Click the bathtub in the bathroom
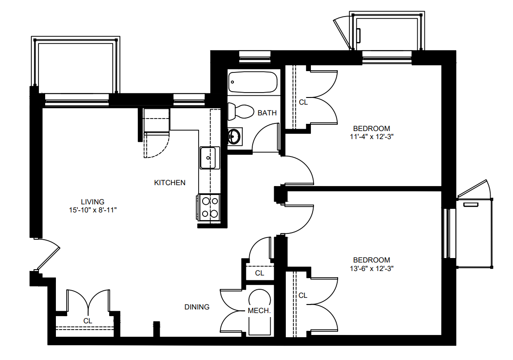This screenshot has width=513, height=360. pyautogui.click(x=253, y=82)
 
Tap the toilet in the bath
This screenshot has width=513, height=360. pyautogui.click(x=241, y=111)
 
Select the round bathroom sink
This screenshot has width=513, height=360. pyautogui.click(x=234, y=136)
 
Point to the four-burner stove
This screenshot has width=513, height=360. pyautogui.click(x=208, y=208)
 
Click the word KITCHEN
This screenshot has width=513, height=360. pyautogui.click(x=170, y=182)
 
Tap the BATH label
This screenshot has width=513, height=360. pyautogui.click(x=267, y=113)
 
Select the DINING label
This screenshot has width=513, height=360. pyautogui.click(x=197, y=307)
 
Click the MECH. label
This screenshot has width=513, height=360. pyautogui.click(x=259, y=310)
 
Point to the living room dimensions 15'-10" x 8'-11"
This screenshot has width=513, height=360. pyautogui.click(x=93, y=210)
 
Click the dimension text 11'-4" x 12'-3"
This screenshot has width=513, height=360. pyautogui.click(x=372, y=137)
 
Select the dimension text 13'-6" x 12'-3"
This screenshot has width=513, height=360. pyautogui.click(x=372, y=269)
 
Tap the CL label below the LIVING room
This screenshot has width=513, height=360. pyautogui.click(x=88, y=321)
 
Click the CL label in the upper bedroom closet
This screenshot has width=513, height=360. pyautogui.click(x=303, y=102)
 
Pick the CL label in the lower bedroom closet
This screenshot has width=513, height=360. pyautogui.click(x=303, y=296)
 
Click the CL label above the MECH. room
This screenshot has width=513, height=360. pyautogui.click(x=260, y=273)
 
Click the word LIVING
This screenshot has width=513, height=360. pyautogui.click(x=93, y=202)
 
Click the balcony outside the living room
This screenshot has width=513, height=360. pyautogui.click(x=76, y=65)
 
